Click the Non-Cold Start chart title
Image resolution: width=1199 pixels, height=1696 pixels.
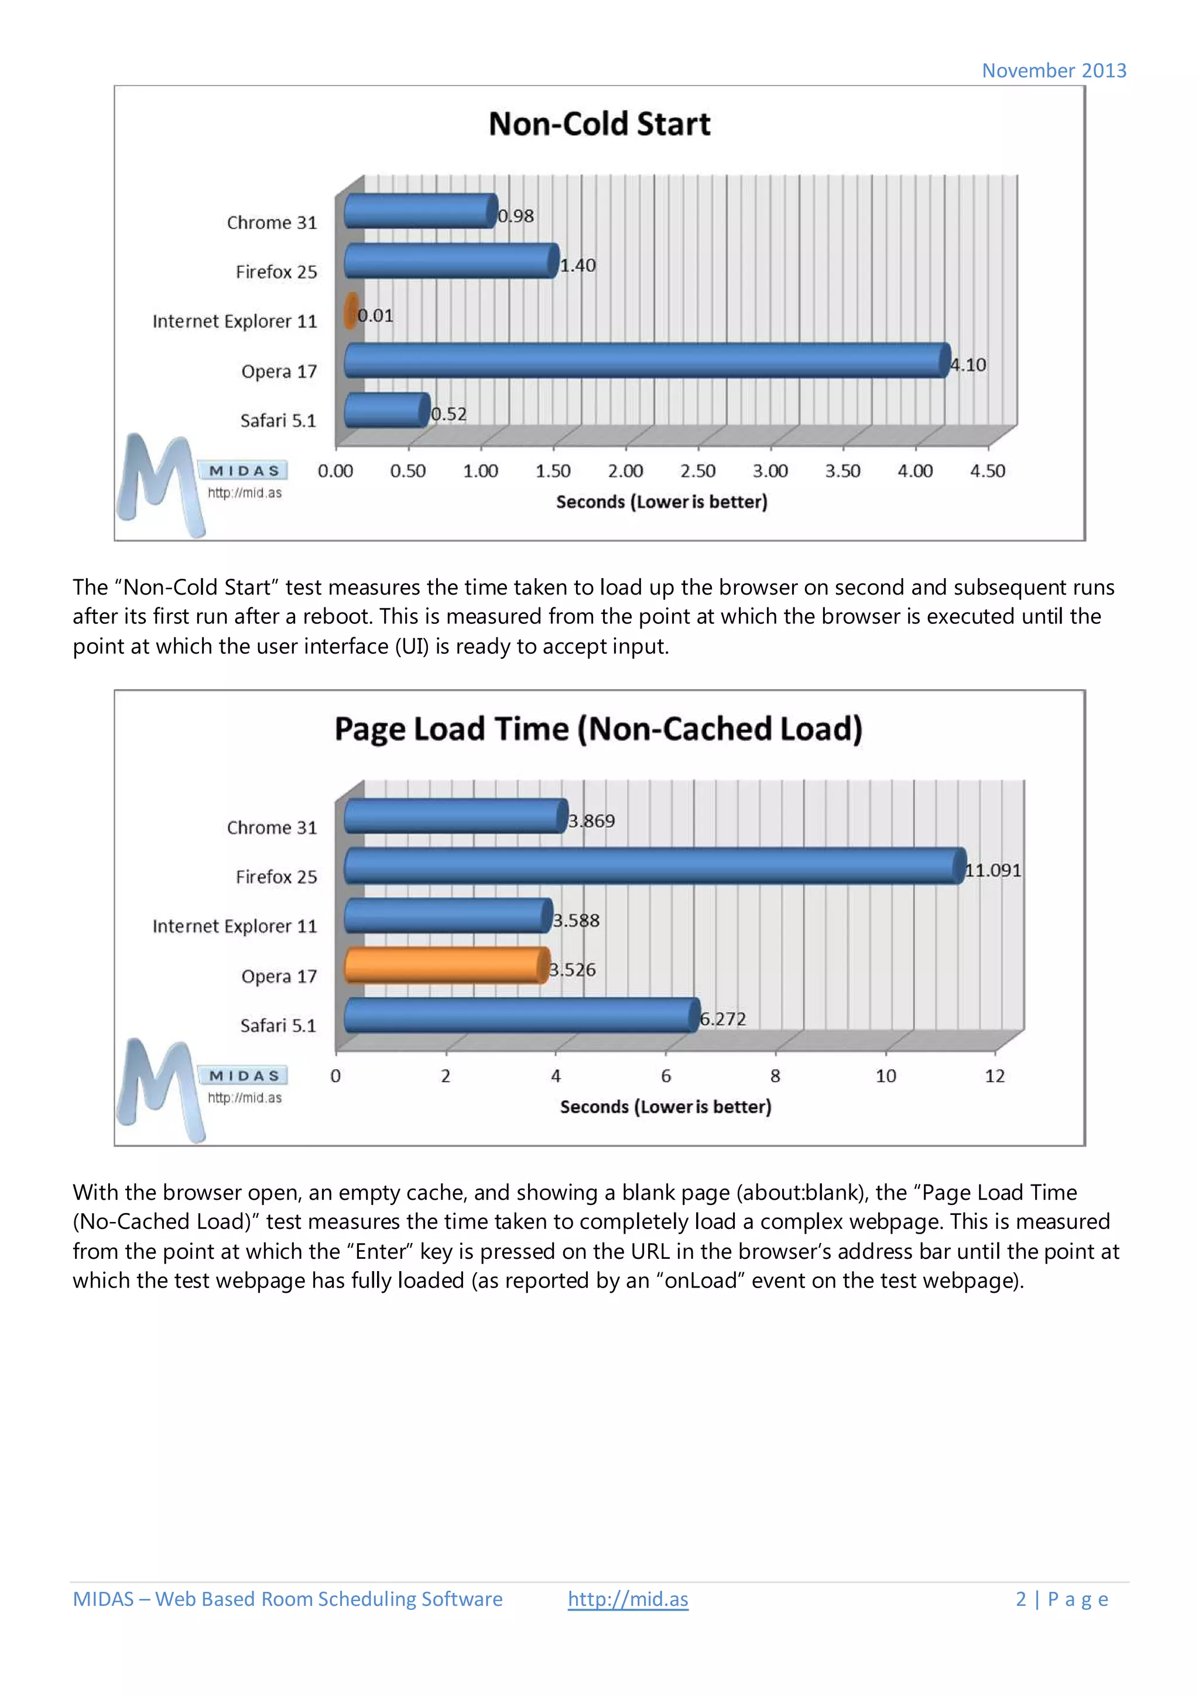[x=599, y=124]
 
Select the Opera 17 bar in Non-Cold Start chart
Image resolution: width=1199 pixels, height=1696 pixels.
[x=646, y=361]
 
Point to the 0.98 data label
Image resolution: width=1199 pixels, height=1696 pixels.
[x=516, y=216]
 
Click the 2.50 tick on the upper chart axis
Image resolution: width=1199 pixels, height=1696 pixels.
[x=697, y=471]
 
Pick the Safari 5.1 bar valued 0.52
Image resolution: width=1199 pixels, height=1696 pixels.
[x=386, y=410]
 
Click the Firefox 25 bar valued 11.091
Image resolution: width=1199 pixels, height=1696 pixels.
[x=654, y=866]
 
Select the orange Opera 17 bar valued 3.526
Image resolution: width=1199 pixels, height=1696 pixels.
[x=446, y=966]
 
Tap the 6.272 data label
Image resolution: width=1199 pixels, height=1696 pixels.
[x=722, y=1019]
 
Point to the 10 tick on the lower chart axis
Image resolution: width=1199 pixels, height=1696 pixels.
[x=885, y=1076]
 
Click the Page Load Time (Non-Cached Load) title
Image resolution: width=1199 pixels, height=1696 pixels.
[x=598, y=729]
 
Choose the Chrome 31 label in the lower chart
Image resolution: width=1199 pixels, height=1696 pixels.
[x=271, y=828]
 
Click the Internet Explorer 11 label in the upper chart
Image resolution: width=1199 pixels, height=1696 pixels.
[x=234, y=321]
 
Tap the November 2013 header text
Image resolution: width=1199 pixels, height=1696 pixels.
[x=1053, y=71]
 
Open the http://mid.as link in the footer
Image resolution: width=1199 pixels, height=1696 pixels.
[x=628, y=1599]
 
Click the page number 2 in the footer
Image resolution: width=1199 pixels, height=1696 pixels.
[x=1020, y=1599]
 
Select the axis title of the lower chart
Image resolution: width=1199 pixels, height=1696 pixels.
[x=665, y=1107]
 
